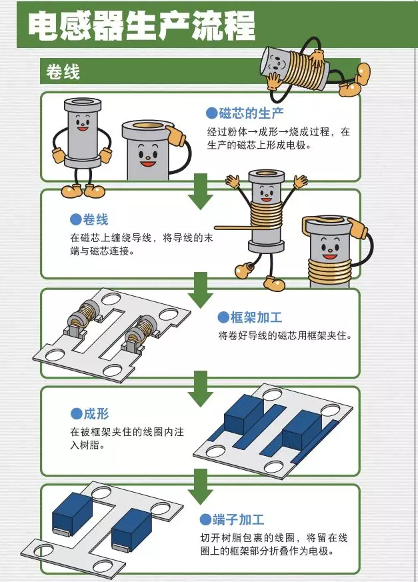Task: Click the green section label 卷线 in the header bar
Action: pyautogui.click(x=63, y=72)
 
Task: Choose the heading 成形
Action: pyautogui.click(x=95, y=414)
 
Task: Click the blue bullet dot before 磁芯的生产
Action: pyautogui.click(x=212, y=113)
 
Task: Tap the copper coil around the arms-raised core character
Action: pyautogui.click(x=266, y=217)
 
